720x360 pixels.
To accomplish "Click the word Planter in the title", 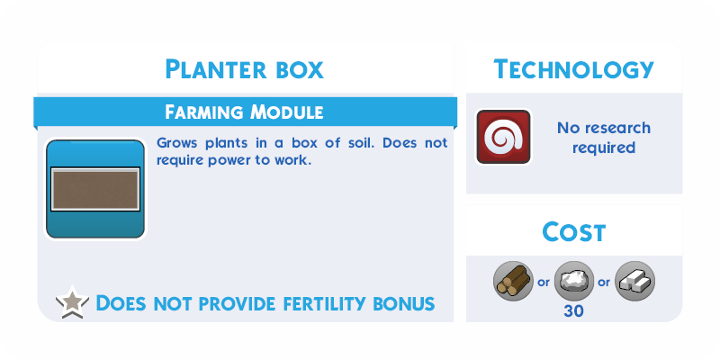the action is click(x=215, y=69).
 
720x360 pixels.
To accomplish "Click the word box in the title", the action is click(x=300, y=69).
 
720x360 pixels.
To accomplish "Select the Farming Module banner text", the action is click(x=244, y=112).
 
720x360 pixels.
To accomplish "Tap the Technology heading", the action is click(x=573, y=69).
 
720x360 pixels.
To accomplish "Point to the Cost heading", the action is click(x=574, y=232).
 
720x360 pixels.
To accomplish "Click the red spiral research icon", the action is click(x=504, y=137).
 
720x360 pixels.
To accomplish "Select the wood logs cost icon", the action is click(x=513, y=281).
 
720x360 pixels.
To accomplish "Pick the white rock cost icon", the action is click(x=574, y=281).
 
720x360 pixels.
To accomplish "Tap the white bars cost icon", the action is click(x=635, y=281).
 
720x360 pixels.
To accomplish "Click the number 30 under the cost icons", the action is click(x=574, y=311).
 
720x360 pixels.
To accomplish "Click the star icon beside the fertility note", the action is click(x=73, y=302).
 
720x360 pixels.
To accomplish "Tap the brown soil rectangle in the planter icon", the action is click(x=95, y=189).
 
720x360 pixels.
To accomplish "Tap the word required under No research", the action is click(x=604, y=148).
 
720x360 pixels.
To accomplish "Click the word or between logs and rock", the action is click(x=544, y=282).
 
